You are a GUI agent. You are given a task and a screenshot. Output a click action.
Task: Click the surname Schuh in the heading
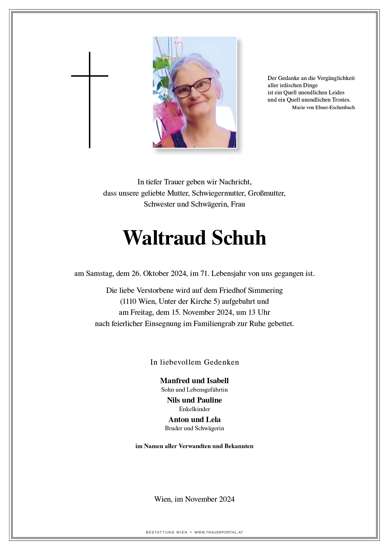pos(239,238)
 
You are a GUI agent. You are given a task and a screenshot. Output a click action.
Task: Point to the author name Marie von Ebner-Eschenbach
pos(323,108)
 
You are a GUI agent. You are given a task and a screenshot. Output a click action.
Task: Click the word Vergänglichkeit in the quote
pos(336,78)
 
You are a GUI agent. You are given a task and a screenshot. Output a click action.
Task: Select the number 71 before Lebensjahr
pos(204,273)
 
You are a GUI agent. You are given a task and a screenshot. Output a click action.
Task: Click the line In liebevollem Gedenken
pos(194,362)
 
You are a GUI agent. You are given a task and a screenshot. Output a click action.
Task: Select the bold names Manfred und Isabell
pos(194,381)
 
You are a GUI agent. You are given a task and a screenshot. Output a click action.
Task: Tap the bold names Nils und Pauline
pos(194,400)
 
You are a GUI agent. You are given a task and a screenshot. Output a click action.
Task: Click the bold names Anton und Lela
pos(194,420)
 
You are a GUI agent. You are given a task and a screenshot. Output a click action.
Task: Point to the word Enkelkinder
pos(194,409)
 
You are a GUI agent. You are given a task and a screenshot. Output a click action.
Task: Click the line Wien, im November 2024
pos(194,499)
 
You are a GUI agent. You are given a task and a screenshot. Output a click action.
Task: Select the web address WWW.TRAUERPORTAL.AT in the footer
pos(219,532)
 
